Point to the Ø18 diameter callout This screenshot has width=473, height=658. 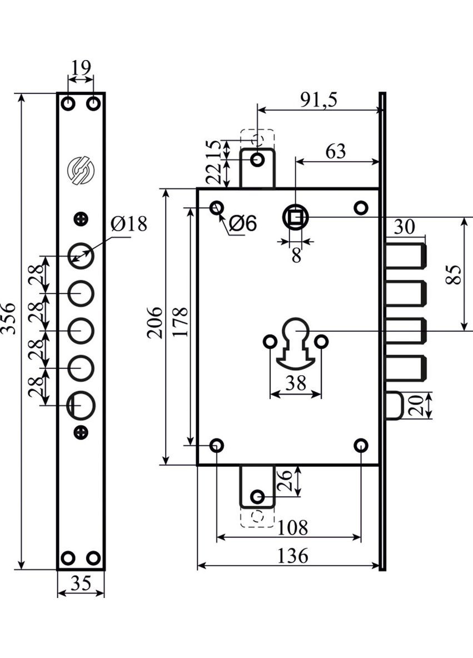128,225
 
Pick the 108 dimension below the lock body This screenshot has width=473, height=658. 293,527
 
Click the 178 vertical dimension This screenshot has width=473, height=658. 180,322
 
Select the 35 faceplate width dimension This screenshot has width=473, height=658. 81,583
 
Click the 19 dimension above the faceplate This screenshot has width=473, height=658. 81,68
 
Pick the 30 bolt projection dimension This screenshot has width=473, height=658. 405,227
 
